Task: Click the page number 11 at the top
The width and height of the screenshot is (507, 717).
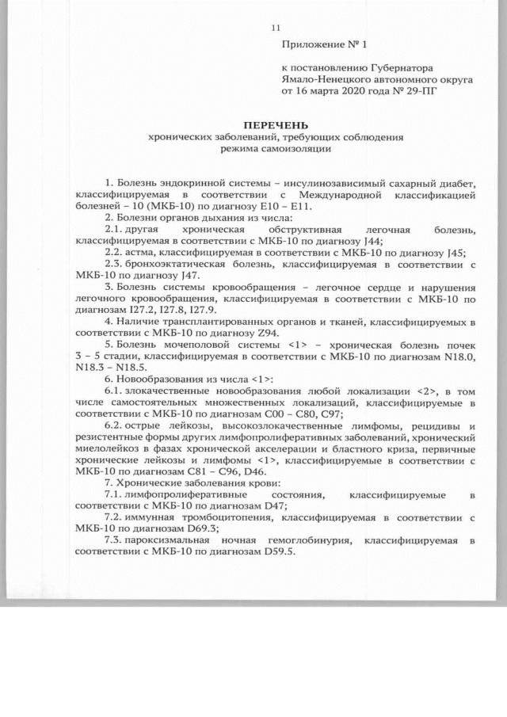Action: coord(276,29)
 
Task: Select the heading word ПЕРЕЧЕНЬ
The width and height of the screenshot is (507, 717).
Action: coord(276,125)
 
